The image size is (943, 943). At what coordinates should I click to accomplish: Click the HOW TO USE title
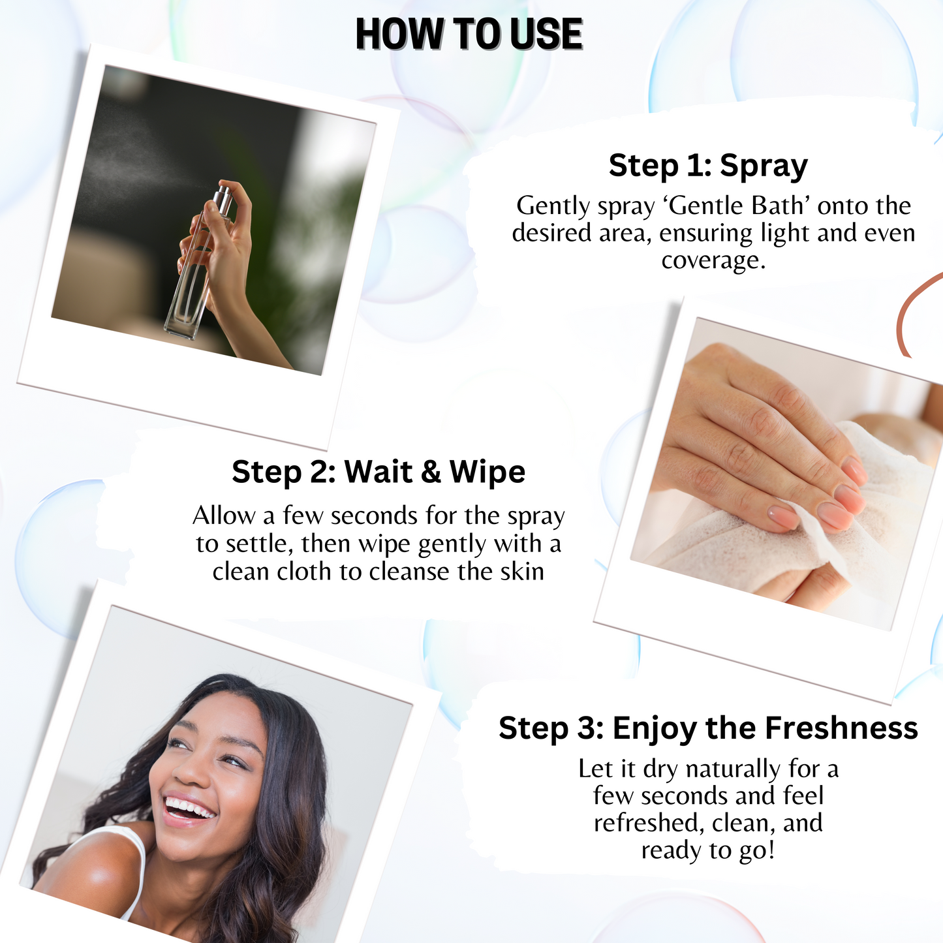click(x=469, y=34)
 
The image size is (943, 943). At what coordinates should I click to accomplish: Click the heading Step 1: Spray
click(x=708, y=165)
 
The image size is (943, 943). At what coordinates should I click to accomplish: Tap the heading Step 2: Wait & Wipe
click(x=379, y=472)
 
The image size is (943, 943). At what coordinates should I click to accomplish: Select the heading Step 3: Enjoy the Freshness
click(x=708, y=728)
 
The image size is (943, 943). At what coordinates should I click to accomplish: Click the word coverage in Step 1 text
click(x=713, y=260)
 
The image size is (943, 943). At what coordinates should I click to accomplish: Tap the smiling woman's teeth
click(x=189, y=807)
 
